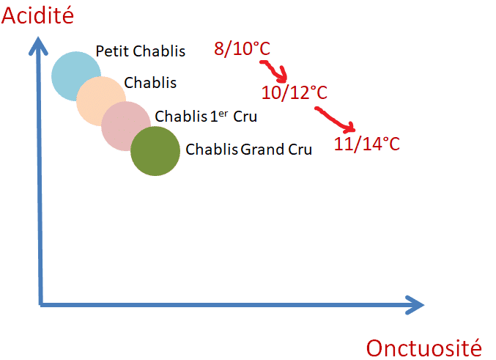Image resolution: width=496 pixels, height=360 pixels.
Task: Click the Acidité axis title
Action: tap(37, 15)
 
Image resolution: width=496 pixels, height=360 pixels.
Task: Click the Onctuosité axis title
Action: tap(424, 348)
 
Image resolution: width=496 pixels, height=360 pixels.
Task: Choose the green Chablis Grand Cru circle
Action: tap(155, 151)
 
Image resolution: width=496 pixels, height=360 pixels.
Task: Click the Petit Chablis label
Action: tap(141, 51)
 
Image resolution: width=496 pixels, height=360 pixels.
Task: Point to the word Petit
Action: tap(112, 51)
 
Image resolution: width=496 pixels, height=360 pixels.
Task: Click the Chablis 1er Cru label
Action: tap(206, 116)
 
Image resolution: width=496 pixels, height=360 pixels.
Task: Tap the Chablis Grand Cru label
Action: tap(248, 149)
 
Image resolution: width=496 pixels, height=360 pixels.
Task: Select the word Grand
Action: tap(262, 149)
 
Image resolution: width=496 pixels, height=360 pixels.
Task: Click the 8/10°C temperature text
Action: tap(242, 49)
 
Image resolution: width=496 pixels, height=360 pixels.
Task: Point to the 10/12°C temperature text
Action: tap(295, 92)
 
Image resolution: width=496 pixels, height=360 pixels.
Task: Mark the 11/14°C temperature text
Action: tap(367, 144)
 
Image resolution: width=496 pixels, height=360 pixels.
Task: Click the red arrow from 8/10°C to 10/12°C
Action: tap(275, 70)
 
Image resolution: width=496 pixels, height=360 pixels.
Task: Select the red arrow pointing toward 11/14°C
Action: tap(335, 119)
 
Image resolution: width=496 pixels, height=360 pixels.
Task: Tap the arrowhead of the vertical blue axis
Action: tap(38, 44)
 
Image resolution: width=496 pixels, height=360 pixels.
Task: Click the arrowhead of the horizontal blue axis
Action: tap(416, 305)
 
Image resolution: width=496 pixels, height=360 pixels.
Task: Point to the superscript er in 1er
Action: tap(223, 114)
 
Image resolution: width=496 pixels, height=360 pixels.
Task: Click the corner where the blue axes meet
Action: tap(41, 305)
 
